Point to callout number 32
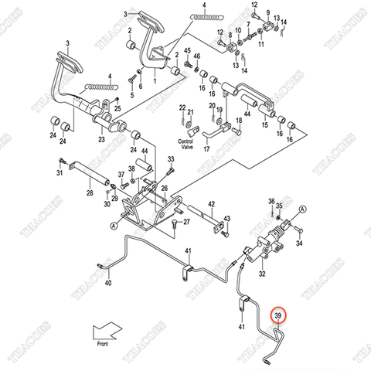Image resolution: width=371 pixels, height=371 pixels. click(262, 274)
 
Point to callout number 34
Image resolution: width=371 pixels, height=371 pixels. click(300, 243)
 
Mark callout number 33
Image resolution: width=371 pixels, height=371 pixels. click(172, 158)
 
